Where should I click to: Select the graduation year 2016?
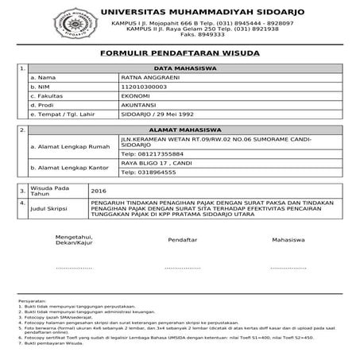point(99,191)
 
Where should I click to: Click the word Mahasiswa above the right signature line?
point(289,238)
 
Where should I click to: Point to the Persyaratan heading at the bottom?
point(29,302)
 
